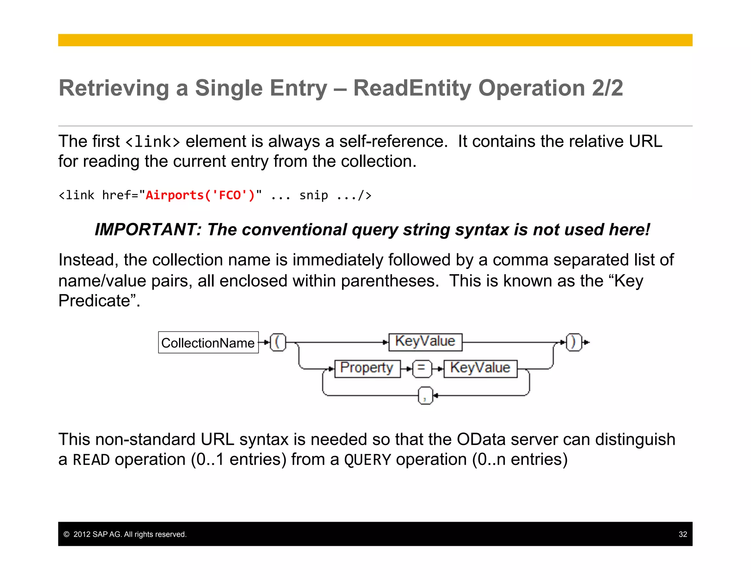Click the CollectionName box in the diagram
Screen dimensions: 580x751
(x=208, y=343)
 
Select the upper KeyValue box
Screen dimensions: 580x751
(x=425, y=342)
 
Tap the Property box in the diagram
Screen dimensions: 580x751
(x=367, y=368)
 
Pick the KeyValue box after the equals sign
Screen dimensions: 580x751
(x=480, y=368)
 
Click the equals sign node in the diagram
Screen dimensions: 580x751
(x=422, y=368)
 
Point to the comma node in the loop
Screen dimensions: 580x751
(x=425, y=396)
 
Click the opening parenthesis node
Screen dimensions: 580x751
(x=278, y=342)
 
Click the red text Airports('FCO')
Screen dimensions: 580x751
(x=200, y=195)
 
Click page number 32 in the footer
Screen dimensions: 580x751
(x=682, y=534)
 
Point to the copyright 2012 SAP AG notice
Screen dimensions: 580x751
(x=125, y=534)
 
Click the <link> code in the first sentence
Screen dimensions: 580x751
(x=153, y=142)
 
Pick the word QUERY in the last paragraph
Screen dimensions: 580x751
(x=367, y=460)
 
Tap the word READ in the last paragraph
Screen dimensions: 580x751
(x=91, y=460)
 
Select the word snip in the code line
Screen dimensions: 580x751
(x=314, y=195)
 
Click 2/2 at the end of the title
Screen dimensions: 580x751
(x=607, y=88)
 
